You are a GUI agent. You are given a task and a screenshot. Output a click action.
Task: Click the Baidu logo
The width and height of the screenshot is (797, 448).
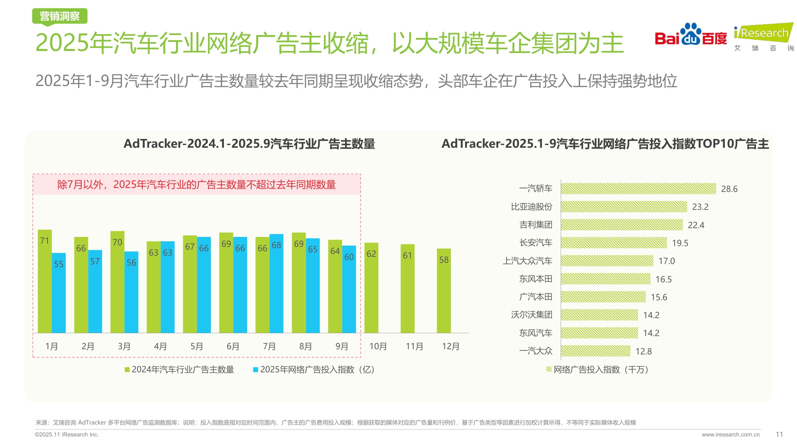pyautogui.click(x=691, y=35)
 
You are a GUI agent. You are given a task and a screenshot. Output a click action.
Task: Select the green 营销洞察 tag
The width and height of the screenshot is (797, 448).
pyautogui.click(x=60, y=16)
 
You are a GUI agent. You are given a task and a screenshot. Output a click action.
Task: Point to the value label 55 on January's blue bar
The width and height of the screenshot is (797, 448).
pyautogui.click(x=59, y=264)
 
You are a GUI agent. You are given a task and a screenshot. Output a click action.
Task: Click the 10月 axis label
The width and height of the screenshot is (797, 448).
pyautogui.click(x=378, y=346)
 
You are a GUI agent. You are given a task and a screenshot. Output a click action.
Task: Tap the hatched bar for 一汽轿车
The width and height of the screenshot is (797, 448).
pyautogui.click(x=638, y=189)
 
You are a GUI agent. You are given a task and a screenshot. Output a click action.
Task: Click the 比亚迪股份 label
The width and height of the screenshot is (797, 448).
pyautogui.click(x=531, y=207)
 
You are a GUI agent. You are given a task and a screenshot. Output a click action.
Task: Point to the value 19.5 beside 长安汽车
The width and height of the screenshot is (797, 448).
pyautogui.click(x=680, y=243)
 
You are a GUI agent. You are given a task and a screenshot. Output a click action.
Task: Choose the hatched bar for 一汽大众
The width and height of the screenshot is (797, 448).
pyautogui.click(x=595, y=351)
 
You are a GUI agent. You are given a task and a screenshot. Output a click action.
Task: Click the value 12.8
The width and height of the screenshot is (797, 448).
pyautogui.click(x=643, y=351)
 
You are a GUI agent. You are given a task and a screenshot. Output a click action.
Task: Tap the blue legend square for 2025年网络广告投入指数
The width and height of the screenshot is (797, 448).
pyautogui.click(x=255, y=370)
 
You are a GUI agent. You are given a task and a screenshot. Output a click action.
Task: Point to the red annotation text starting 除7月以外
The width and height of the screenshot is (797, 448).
pyautogui.click(x=196, y=185)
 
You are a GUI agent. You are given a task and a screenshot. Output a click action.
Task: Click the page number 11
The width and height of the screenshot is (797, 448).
pyautogui.click(x=779, y=434)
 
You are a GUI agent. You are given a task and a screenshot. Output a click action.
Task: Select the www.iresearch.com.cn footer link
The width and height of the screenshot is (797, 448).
pyautogui.click(x=730, y=434)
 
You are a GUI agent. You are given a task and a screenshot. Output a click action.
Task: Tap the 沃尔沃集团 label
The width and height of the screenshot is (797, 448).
pyautogui.click(x=531, y=315)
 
